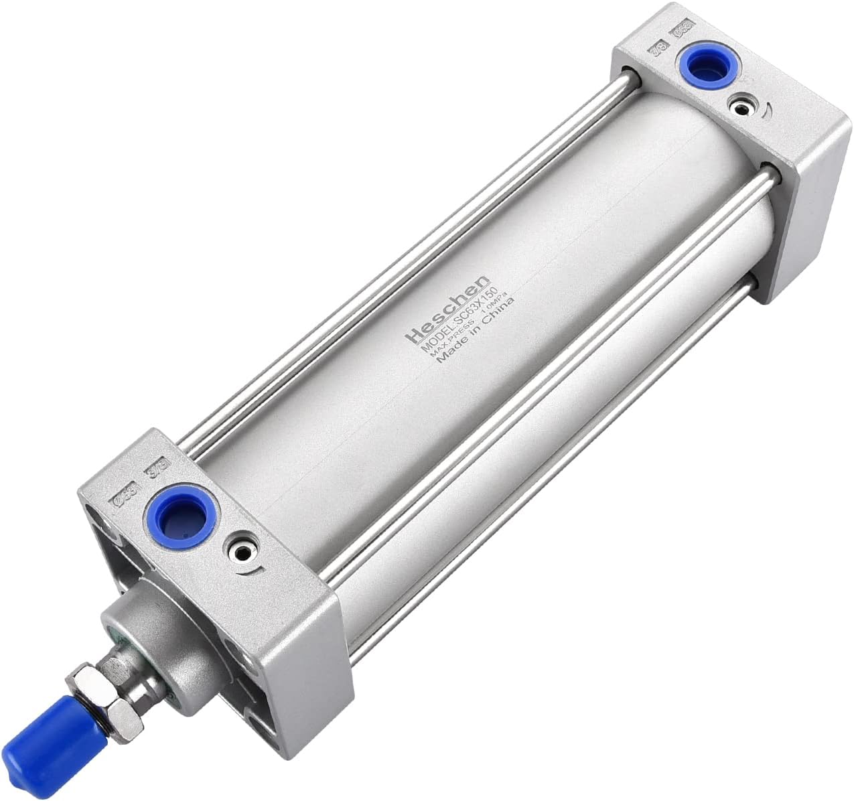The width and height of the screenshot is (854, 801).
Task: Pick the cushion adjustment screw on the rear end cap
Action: (741, 106)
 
